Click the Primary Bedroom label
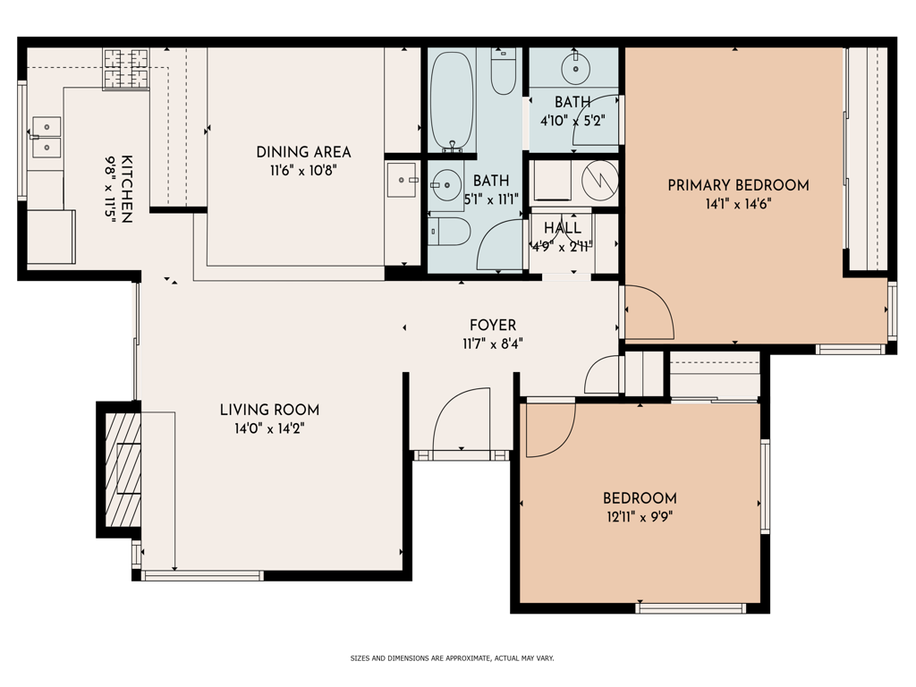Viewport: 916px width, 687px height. (x=738, y=185)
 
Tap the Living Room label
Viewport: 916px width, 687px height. (x=269, y=410)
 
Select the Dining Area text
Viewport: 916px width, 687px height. (x=304, y=152)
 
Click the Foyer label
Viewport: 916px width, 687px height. (x=493, y=325)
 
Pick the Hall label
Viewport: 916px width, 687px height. (x=563, y=228)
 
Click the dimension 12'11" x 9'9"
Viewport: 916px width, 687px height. (x=640, y=517)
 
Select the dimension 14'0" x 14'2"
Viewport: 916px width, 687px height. (x=269, y=429)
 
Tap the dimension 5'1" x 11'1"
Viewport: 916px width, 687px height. (x=491, y=199)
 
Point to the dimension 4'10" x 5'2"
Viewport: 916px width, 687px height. (x=572, y=121)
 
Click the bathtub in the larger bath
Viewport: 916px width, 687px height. (x=452, y=102)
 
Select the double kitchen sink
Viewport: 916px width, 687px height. (x=47, y=137)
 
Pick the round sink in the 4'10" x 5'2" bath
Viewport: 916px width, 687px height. (x=575, y=68)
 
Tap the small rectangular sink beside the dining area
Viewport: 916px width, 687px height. (x=403, y=180)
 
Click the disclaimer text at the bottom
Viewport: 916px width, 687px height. (x=452, y=658)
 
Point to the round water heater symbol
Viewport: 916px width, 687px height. (x=600, y=180)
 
